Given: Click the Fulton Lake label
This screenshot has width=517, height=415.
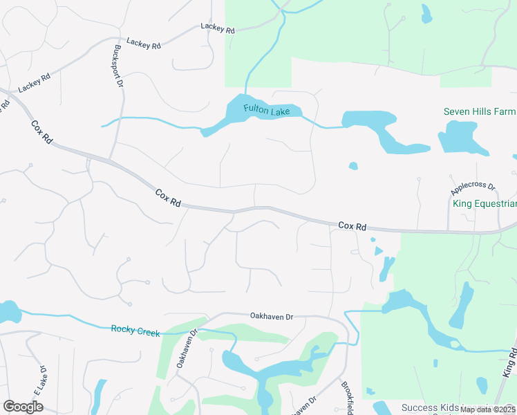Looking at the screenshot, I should tap(272, 109).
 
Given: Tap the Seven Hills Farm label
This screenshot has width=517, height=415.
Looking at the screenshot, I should tap(480, 111).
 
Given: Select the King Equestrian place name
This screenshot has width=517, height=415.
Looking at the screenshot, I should tap(485, 203).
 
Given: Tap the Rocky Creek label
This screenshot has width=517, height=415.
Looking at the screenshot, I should tap(135, 331).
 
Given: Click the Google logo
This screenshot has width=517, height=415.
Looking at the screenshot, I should tap(23, 407).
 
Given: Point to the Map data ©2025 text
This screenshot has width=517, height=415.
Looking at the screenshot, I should tap(487, 409).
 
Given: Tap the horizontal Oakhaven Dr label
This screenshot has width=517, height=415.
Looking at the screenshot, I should tap(272, 316).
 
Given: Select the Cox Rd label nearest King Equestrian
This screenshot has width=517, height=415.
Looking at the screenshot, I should tap(352, 225).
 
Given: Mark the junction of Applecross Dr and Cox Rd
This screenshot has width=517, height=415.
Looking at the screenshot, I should tap(447, 231).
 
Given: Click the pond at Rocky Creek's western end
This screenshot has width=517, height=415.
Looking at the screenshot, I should tap(8, 312).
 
